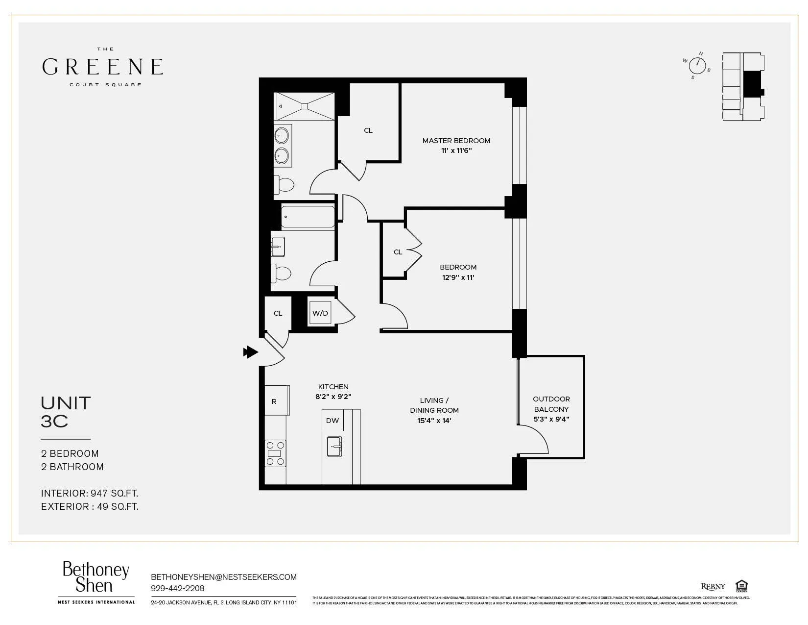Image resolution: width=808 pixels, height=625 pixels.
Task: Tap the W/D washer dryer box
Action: click(x=320, y=313)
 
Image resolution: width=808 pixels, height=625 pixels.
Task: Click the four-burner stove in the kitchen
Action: click(x=275, y=453)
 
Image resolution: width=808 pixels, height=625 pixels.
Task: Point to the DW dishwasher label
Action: click(x=333, y=421)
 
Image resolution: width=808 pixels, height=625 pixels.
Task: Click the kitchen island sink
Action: click(x=334, y=447)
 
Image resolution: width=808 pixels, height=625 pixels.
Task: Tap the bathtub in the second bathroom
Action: click(x=308, y=217)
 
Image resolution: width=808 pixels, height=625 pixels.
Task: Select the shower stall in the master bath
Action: click(x=304, y=106)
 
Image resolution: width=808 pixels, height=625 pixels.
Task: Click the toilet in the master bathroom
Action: click(x=284, y=185)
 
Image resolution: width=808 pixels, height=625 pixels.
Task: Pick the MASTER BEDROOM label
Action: click(x=456, y=141)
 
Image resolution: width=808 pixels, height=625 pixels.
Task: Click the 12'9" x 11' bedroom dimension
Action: click(x=458, y=277)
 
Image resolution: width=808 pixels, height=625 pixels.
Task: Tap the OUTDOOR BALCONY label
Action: click(x=551, y=404)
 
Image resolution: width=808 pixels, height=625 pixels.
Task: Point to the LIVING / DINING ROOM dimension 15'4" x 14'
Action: click(x=434, y=421)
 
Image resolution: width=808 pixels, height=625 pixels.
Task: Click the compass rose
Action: click(x=697, y=66)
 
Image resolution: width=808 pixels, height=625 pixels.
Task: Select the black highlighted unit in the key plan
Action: click(x=753, y=84)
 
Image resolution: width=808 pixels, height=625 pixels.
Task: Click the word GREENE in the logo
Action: click(x=102, y=67)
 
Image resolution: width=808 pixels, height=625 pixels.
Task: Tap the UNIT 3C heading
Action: click(x=66, y=412)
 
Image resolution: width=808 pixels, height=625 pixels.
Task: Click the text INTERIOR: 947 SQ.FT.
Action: click(x=90, y=493)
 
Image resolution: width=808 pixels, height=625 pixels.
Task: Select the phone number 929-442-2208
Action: click(x=178, y=588)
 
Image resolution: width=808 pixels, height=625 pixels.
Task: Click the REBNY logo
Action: click(x=713, y=586)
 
